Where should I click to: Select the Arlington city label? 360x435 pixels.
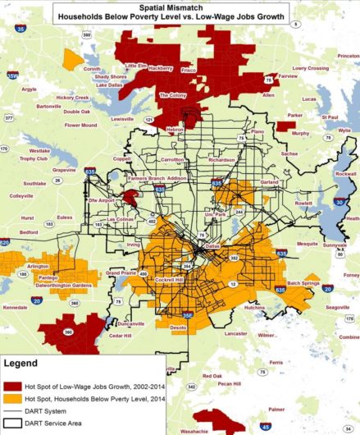click(x=39, y=266)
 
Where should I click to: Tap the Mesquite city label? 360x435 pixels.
click(x=307, y=244)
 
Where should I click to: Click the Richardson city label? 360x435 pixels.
click(x=221, y=160)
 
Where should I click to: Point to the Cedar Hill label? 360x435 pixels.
click(x=121, y=335)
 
